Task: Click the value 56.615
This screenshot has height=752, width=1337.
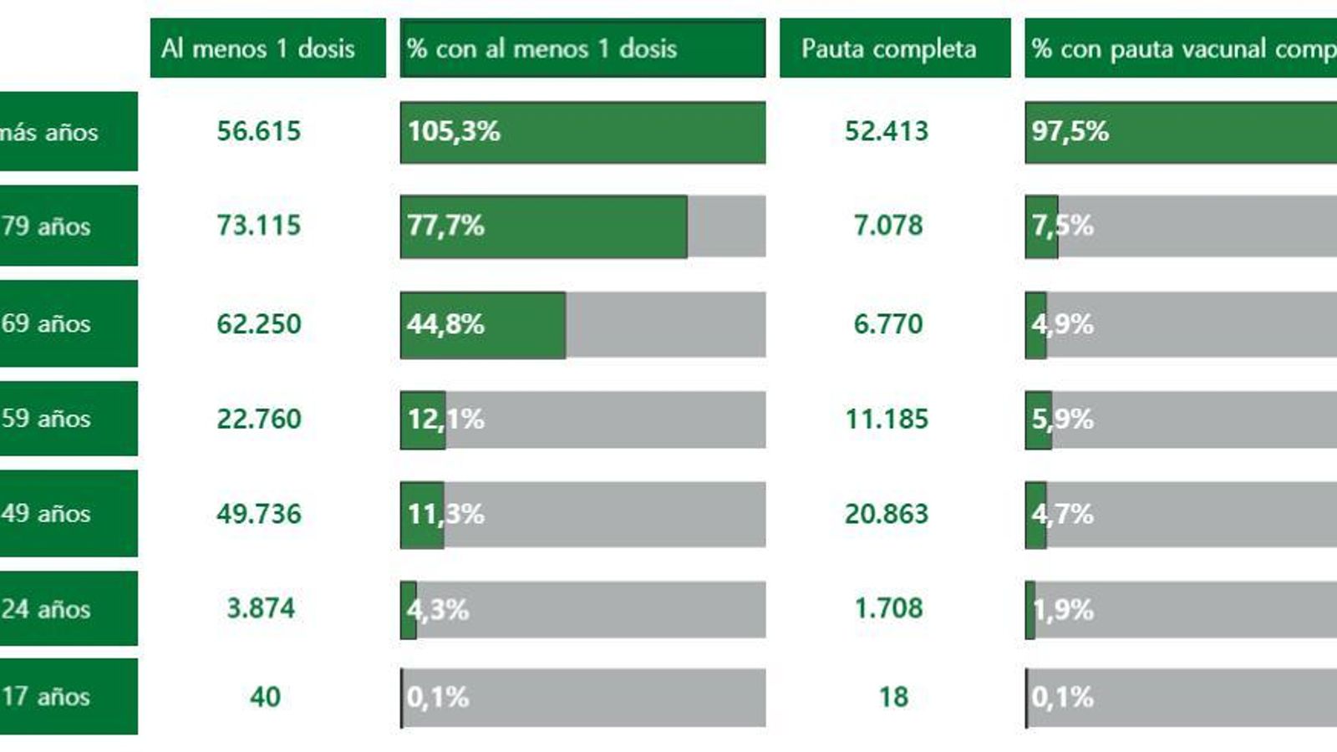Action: [x=259, y=131]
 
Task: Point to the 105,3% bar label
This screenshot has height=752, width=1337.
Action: [x=454, y=131]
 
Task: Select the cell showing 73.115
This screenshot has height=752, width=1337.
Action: [x=259, y=226]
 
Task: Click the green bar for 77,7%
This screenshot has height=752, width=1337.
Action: [x=543, y=226]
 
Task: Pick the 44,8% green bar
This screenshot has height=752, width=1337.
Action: [x=483, y=324]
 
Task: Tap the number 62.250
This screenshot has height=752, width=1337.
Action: [x=259, y=324]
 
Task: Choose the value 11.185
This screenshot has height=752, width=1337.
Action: [x=887, y=419]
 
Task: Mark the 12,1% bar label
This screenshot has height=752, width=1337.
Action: [x=445, y=419]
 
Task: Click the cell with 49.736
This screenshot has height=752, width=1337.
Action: [x=259, y=514]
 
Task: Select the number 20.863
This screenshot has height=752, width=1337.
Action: [x=887, y=514]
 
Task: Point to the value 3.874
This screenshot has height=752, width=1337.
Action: [x=261, y=608]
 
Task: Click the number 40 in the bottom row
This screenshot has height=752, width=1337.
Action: [x=265, y=697]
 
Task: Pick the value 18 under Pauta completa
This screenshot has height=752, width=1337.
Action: [x=893, y=697]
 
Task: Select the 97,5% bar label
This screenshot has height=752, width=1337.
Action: [x=1070, y=131]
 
